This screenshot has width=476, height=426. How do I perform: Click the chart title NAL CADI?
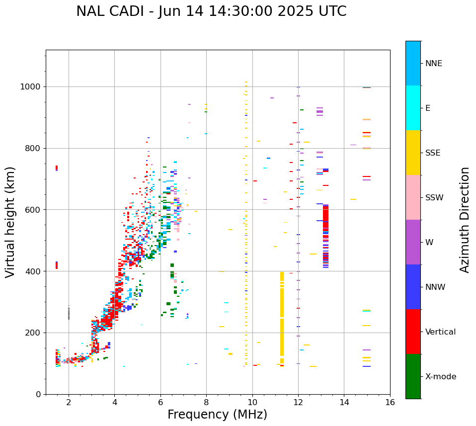pyautogui.click(x=211, y=11)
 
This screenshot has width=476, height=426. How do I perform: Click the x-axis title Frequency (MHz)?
pyautogui.click(x=217, y=415)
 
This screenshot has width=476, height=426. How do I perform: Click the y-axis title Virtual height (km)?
pyautogui.click(x=10, y=222)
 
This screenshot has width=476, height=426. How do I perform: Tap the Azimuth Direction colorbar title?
pyautogui.click(x=465, y=219)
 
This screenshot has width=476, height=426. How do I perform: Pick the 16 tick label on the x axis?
pyautogui.click(x=390, y=402)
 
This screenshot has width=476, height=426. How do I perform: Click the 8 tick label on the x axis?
pyautogui.click(x=206, y=402)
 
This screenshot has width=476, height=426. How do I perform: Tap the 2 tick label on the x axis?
pyautogui.click(x=69, y=402)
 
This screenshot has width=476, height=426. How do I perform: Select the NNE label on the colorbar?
pyautogui.click(x=434, y=64)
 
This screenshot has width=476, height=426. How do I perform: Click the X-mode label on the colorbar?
pyautogui.click(x=441, y=377)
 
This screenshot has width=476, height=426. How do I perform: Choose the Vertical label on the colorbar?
pyautogui.click(x=440, y=332)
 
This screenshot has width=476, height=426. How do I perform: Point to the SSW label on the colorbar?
pyautogui.click(x=434, y=198)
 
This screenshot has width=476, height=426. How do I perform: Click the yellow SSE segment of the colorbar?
pyautogui.click(x=413, y=153)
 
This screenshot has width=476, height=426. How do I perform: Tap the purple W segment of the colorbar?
pyautogui.click(x=413, y=242)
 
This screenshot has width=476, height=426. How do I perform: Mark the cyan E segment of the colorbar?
pyautogui.click(x=413, y=108)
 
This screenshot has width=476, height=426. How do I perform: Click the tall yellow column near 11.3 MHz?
pyautogui.click(x=282, y=318)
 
